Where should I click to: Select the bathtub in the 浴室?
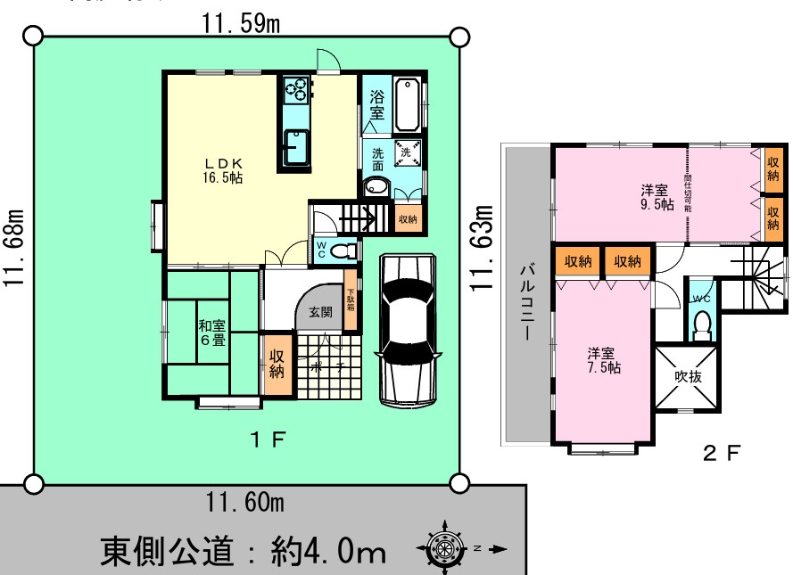click(x=409, y=105)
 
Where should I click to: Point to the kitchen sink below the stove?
click(x=296, y=147)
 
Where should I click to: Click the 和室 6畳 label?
click(x=211, y=332)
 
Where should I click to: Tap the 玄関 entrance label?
click(x=321, y=313)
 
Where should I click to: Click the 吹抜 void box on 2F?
click(x=688, y=377)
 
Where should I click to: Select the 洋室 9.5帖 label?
click(x=656, y=196)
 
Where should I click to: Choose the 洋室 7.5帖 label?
click(x=604, y=359)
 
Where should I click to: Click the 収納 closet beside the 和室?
click(x=277, y=364)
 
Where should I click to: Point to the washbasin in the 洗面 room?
click(x=376, y=187)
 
